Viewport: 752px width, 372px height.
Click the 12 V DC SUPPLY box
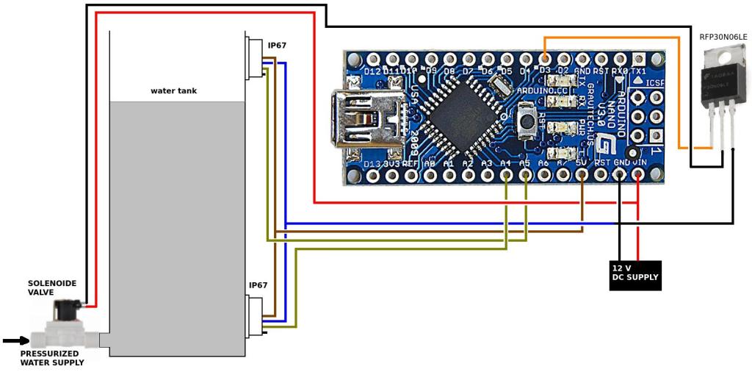click(x=635, y=275)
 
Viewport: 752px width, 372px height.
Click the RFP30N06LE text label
click(x=723, y=37)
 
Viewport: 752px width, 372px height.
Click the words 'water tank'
click(x=173, y=91)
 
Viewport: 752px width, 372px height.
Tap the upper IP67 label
click(x=277, y=46)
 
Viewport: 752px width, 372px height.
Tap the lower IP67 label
click(x=258, y=285)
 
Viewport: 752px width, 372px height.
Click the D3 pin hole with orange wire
click(x=545, y=58)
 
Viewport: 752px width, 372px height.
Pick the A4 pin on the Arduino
click(x=506, y=175)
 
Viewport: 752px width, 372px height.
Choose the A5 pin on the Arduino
click(x=525, y=175)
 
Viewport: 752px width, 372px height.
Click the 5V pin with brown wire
click(x=582, y=175)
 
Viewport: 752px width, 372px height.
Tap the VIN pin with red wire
click(x=639, y=175)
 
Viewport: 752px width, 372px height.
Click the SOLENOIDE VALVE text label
click(x=52, y=287)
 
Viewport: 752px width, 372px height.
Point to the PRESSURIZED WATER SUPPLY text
click(x=51, y=358)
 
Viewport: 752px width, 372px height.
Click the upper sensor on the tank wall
click(x=256, y=57)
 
